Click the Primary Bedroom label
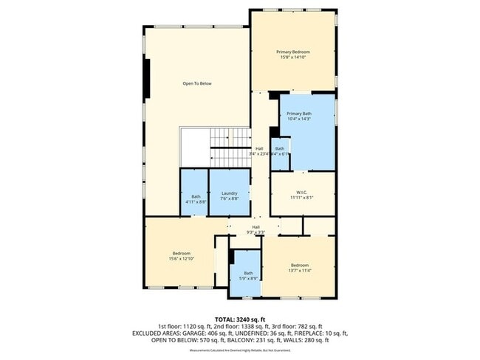[x=293, y=52]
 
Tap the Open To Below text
[x=197, y=83]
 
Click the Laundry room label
[x=229, y=193]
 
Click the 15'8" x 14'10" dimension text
[x=293, y=58]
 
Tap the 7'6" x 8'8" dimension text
[x=229, y=199]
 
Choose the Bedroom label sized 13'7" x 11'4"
[x=299, y=265]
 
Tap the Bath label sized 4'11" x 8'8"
[x=195, y=196]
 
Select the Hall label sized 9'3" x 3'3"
[x=256, y=226]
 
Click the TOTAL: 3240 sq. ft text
[x=240, y=317]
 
